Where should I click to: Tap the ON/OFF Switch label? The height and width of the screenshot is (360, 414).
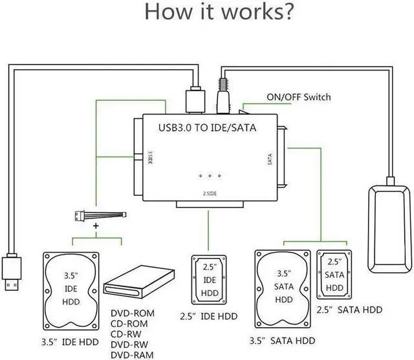(x=298, y=98)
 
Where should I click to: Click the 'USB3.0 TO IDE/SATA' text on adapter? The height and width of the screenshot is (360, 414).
(x=207, y=127)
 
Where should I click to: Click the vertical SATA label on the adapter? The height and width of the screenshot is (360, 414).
(x=269, y=160)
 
